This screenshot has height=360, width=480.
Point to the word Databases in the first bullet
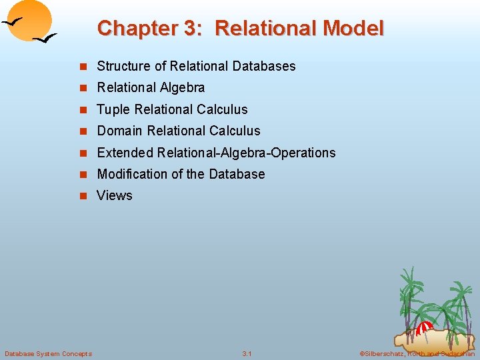[x=264, y=66]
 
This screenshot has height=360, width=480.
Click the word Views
[x=115, y=195]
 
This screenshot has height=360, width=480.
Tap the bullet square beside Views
[x=83, y=196]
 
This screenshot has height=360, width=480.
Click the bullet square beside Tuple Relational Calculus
[x=83, y=110]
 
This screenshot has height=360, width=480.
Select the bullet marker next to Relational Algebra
[x=83, y=88]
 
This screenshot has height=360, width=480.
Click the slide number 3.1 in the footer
[x=247, y=353]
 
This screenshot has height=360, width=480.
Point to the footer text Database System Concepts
[x=48, y=353]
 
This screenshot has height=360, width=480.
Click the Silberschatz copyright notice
[x=417, y=353]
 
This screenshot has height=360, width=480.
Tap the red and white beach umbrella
[x=424, y=327]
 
